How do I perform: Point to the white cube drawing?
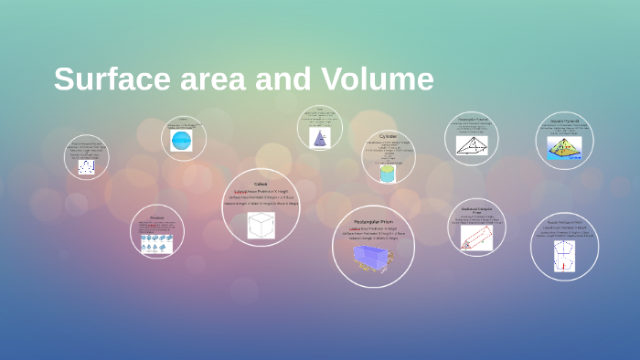261,225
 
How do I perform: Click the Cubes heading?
261,184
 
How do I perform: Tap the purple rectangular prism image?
373,259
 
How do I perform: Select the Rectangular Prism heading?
373,220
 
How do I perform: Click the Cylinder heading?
388,135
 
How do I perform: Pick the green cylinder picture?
388,173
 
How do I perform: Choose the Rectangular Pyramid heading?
472,119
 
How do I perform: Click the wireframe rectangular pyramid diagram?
472,145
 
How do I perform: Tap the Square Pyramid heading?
564,120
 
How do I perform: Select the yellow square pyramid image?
564,149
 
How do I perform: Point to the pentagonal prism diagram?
563,256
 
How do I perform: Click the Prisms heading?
156,218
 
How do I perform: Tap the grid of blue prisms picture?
156,242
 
